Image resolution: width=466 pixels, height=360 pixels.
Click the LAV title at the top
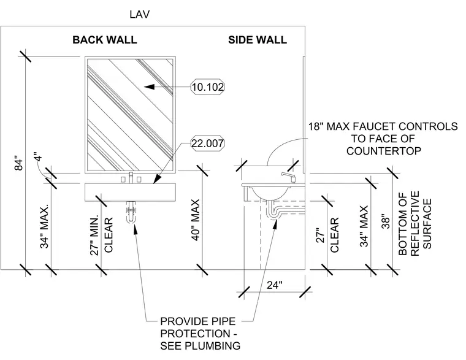[139, 14]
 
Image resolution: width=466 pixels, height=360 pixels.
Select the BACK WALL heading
[105, 40]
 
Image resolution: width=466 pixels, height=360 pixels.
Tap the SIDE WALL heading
[258, 40]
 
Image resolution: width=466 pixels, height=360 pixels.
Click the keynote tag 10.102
[207, 87]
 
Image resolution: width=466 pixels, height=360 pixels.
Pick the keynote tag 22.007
[207, 144]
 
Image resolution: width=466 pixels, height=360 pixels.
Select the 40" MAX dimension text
[195, 220]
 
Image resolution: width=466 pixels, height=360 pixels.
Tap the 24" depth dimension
[274, 285]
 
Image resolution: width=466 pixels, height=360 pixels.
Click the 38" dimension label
[385, 221]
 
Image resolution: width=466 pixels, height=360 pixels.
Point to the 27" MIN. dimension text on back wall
[94, 235]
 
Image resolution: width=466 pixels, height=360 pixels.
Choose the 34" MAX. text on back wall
[44, 226]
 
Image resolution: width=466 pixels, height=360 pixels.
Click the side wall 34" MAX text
[364, 226]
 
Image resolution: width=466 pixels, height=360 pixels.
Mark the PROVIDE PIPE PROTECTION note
[200, 334]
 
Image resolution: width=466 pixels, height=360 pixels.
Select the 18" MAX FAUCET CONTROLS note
[383, 139]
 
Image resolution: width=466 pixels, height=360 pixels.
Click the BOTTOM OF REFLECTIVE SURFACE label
[414, 223]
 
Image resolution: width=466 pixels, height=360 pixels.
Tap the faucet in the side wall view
[288, 177]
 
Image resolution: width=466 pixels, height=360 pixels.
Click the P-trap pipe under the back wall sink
[131, 212]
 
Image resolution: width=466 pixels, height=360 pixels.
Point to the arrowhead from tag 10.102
[150, 87]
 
